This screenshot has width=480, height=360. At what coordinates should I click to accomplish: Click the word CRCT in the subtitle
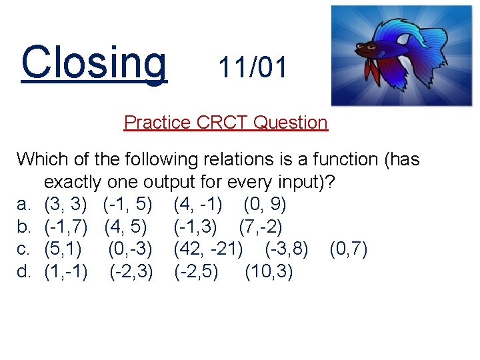coord(223,123)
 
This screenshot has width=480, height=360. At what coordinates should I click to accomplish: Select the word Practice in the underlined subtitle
coord(158,123)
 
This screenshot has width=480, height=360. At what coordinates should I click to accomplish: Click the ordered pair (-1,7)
coord(66,227)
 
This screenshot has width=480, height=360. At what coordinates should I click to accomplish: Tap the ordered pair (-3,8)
coord(287,250)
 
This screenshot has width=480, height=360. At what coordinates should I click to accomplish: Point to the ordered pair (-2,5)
coord(195,273)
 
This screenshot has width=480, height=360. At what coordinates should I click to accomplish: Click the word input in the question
coord(300,182)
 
